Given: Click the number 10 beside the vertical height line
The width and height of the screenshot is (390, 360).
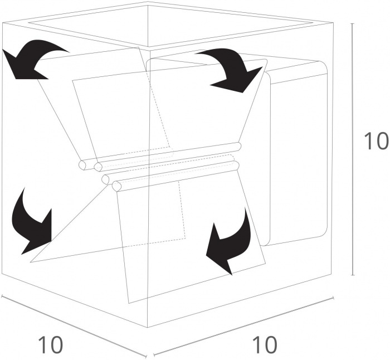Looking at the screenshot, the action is [x=376, y=141].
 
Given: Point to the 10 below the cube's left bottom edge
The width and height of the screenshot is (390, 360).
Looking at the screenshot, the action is [x=51, y=345].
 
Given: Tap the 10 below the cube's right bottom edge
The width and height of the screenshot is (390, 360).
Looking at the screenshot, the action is [x=265, y=345].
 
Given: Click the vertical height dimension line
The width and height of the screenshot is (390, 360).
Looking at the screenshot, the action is [x=353, y=149].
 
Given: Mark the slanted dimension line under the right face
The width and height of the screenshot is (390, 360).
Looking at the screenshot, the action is [x=243, y=326].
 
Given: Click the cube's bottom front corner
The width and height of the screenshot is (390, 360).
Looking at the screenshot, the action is [x=148, y=328].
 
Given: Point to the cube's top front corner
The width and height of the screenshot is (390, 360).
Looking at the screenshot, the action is [x=149, y=49].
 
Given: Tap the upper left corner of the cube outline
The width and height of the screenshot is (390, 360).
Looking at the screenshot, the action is [x=2, y=23].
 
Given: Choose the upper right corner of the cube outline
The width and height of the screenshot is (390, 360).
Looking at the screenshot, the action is [x=333, y=23].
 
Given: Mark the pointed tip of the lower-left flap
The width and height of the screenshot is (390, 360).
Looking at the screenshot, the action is [x=30, y=262].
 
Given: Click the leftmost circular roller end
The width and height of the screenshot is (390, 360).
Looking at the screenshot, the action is [x=82, y=165].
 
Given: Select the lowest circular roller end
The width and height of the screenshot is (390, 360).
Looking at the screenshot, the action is [x=116, y=186].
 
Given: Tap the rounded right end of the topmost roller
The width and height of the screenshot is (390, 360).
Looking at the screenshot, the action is [x=238, y=147].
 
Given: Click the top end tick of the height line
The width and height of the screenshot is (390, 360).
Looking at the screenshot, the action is [x=353, y=23].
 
